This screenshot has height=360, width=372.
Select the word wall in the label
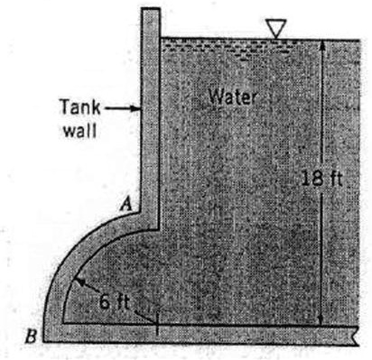click(76, 127)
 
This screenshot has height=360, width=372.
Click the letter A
click(129, 206)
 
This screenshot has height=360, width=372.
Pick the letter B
click(33, 337)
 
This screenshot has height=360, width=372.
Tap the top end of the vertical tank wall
click(151, 12)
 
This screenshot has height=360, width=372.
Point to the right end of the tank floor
click(358, 334)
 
